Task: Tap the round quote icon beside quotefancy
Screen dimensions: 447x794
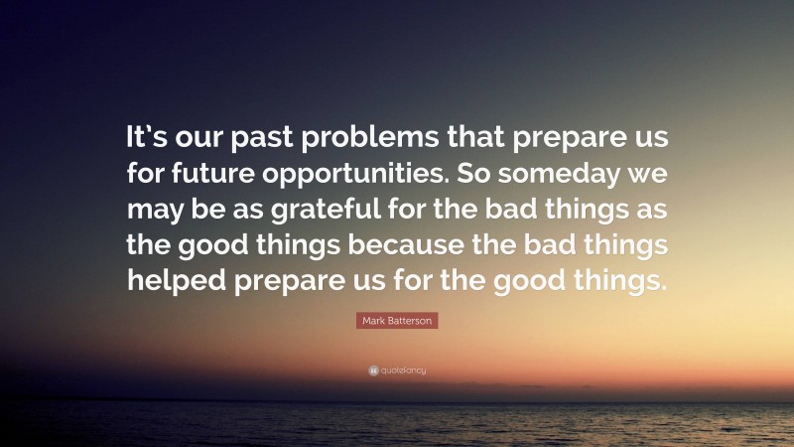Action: pyautogui.click(x=373, y=371)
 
